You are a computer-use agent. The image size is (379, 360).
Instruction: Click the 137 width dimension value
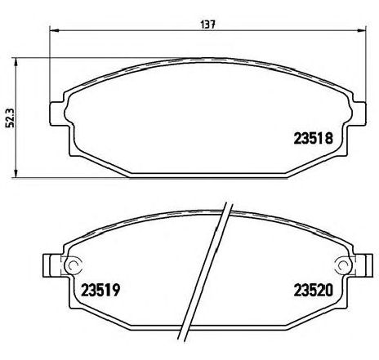point(208,24)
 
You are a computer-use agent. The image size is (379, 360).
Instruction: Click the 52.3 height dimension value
point(12,118)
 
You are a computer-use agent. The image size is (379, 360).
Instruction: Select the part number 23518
point(313,138)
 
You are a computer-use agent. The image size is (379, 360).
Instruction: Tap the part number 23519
point(100,290)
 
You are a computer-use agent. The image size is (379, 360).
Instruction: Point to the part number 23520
point(313,290)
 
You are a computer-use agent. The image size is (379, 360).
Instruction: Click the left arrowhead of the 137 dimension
point(54,30)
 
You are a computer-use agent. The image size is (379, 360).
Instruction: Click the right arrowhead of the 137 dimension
point(362,30)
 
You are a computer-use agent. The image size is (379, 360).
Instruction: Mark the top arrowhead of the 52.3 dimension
point(16,62)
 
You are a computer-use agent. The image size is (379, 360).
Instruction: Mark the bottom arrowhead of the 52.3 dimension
point(16,174)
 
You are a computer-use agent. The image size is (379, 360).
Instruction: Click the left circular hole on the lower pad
point(74,264)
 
